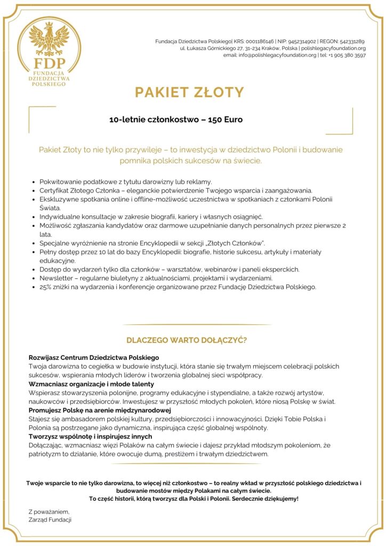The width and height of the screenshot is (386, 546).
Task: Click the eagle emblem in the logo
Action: pyautogui.click(x=49, y=39)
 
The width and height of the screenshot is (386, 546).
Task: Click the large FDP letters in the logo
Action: pyautogui.click(x=49, y=62)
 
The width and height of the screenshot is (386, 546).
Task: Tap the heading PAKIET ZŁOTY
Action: pyautogui.click(x=189, y=92)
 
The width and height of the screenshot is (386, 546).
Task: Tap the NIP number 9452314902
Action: pyautogui.click(x=302, y=41)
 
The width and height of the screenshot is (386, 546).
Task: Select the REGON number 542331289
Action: pyautogui.click(x=351, y=41)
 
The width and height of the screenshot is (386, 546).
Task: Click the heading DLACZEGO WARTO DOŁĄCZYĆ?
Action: pyautogui.click(x=186, y=340)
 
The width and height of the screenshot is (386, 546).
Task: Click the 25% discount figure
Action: pyautogui.click(x=46, y=287)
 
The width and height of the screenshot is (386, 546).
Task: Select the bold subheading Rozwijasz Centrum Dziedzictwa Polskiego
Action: pyautogui.click(x=94, y=357)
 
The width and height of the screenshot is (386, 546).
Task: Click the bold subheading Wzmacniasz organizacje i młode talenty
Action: pyautogui.click(x=91, y=384)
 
